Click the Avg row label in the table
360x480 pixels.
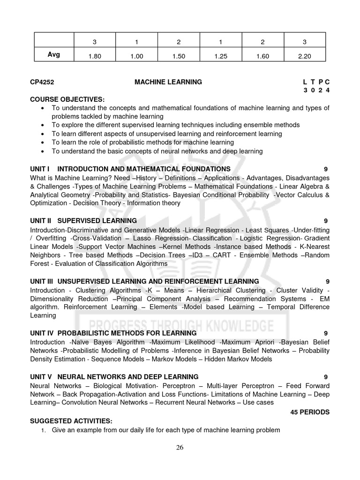pyautogui.click(x=53, y=55)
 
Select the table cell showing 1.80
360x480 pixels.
pyautogui.click(x=95, y=56)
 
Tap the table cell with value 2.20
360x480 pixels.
pyautogui.click(x=304, y=56)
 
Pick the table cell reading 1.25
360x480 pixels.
pyautogui.click(x=220, y=56)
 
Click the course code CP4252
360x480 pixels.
pyautogui.click(x=42, y=82)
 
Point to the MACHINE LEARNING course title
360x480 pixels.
pyautogui.click(x=168, y=82)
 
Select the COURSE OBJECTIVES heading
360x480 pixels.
pyautogui.click(x=67, y=99)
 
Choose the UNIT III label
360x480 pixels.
pyautogui.click(x=43, y=281)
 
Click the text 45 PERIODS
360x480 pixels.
pyautogui.click(x=310, y=412)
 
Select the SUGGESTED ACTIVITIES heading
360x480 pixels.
pyautogui.click(x=71, y=421)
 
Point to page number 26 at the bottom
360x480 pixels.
pyautogui.click(x=180, y=447)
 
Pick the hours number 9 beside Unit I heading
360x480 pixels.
pyautogui.click(x=325, y=169)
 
